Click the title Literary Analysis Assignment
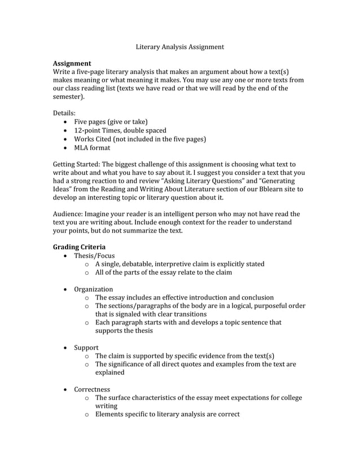click(180, 47)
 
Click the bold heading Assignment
click(72, 63)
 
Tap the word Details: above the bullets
click(64, 113)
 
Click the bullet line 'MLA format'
click(92, 148)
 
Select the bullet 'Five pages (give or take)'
click(111, 122)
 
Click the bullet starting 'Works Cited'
click(139, 139)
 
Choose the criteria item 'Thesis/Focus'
click(94, 256)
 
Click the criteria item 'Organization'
click(94, 289)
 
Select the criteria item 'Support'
click(86, 348)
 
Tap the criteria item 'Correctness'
click(93, 389)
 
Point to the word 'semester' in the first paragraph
click(69, 96)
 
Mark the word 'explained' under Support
click(109, 372)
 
